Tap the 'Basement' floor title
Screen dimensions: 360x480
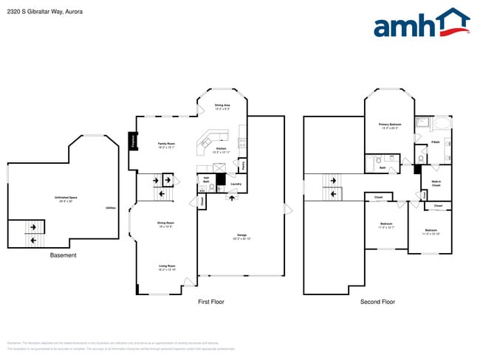(64, 255)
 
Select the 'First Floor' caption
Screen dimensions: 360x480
(211, 302)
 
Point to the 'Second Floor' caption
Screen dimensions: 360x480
(377, 302)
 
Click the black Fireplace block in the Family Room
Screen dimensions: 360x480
(133, 140)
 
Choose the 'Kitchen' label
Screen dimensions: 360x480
(222, 150)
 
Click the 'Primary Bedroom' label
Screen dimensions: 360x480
(394, 126)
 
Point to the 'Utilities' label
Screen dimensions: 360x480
(111, 209)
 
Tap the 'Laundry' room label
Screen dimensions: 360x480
(236, 184)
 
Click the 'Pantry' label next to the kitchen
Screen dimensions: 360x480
(244, 165)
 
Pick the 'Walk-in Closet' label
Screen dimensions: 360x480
(436, 184)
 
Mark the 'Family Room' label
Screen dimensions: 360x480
(166, 145)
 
